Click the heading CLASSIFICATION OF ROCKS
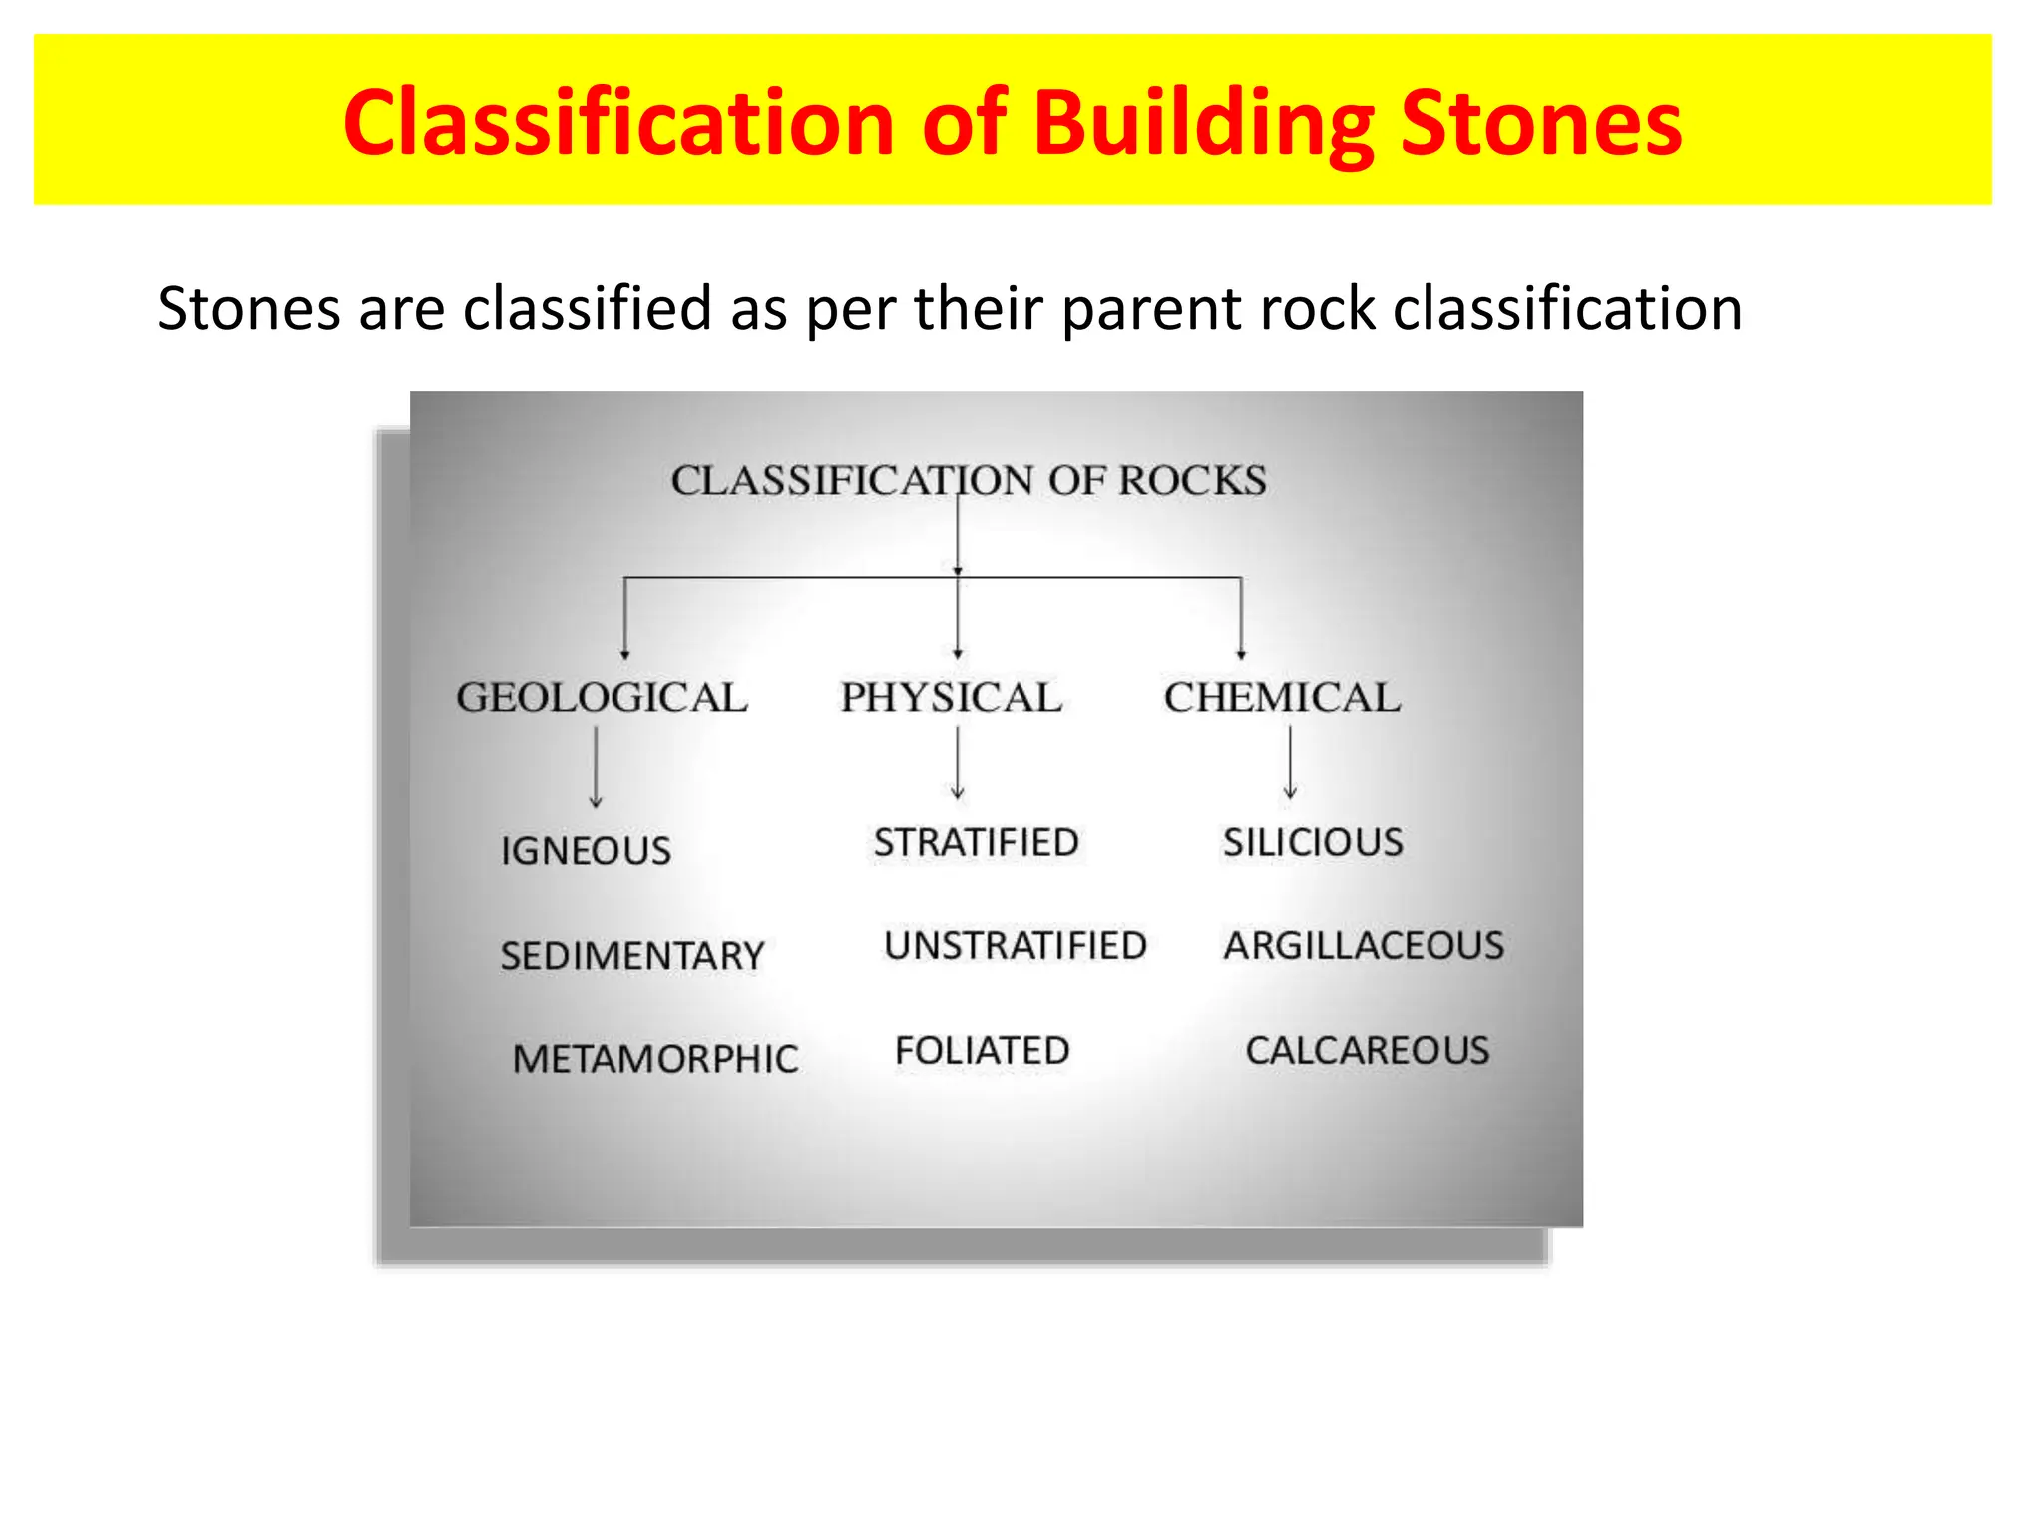(969, 480)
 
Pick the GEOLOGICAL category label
(602, 697)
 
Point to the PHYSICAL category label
(951, 697)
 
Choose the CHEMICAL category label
(1282, 697)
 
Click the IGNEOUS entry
(587, 851)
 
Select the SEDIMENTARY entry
(632, 956)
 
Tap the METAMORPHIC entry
(655, 1059)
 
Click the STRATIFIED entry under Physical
(977, 843)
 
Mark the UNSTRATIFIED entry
(1016, 946)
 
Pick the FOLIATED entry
(983, 1051)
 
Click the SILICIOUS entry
(1313, 843)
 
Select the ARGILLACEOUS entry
(1364, 946)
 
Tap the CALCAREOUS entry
(1368, 1051)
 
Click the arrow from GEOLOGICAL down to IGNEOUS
(596, 766)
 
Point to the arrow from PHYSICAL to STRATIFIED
(958, 763)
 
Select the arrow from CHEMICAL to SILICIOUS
(1290, 763)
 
